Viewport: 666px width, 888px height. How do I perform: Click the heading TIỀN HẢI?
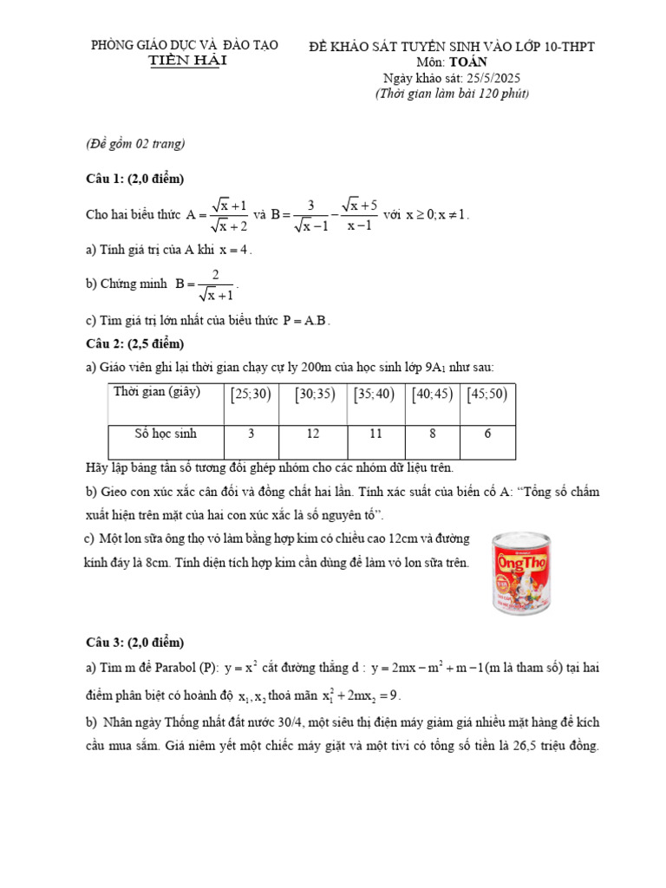click(185, 60)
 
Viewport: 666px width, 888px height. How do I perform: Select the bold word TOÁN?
click(468, 62)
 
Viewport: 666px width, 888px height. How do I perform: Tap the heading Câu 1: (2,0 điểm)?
click(135, 179)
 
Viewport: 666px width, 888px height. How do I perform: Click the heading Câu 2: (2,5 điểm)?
click(135, 343)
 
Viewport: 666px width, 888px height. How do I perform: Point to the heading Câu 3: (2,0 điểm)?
click(135, 643)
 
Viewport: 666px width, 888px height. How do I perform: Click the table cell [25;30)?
click(251, 395)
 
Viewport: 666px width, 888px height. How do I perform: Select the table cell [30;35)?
click(315, 395)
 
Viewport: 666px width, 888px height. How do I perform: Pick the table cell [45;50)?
click(487, 395)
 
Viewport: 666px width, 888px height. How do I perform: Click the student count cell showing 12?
click(315, 434)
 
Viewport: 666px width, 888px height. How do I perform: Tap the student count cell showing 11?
click(375, 434)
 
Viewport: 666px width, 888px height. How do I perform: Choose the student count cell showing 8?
click(432, 434)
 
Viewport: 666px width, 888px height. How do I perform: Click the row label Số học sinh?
click(166, 434)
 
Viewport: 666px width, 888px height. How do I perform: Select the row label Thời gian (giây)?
click(157, 392)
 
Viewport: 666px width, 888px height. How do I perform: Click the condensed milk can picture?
click(520, 574)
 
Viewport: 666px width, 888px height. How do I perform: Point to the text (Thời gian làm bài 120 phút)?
click(452, 93)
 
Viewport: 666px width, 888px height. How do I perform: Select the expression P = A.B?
click(306, 320)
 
